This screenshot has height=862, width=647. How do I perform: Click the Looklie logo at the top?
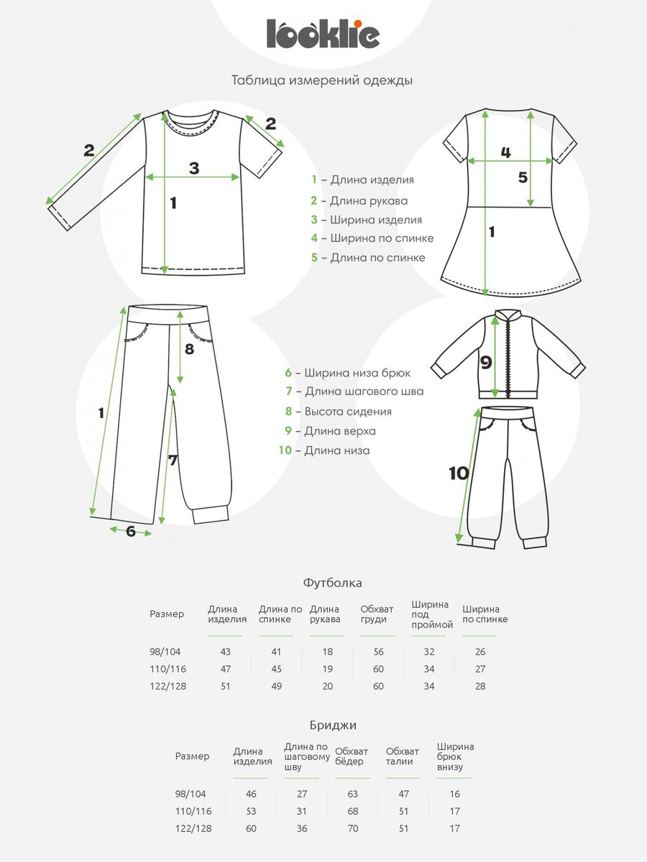323,33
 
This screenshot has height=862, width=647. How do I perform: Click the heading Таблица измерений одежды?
322,80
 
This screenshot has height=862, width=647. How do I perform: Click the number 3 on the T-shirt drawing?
193,168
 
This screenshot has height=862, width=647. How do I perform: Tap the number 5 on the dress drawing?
523,177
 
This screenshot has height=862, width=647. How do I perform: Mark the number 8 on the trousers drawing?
189,350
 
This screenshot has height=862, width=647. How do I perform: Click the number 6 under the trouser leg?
130,532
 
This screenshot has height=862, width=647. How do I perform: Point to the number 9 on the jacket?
486,363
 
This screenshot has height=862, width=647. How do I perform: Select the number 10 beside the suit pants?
458,473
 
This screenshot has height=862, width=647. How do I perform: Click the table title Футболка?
332,583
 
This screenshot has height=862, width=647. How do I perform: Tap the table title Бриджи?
332,725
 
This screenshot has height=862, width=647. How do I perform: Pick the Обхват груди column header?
374,614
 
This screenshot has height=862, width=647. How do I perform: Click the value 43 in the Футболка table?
226,652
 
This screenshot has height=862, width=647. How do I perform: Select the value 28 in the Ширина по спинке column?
480,686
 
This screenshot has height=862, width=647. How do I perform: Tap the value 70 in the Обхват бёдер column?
352,828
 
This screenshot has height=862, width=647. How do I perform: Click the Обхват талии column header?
403,756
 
